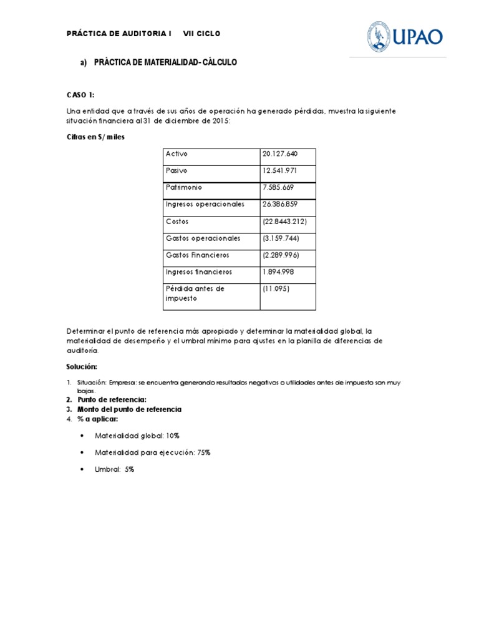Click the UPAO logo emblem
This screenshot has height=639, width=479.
(379, 37)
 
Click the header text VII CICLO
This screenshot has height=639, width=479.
(201, 34)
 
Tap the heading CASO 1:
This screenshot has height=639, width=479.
(80, 94)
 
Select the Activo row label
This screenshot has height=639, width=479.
(177, 154)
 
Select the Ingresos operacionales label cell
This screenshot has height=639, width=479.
(205, 205)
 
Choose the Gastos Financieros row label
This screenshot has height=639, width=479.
(197, 255)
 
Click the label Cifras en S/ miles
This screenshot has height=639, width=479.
(95, 137)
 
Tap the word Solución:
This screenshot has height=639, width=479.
(82, 366)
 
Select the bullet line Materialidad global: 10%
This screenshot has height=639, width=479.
(137, 436)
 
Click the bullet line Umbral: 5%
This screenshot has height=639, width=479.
(114, 469)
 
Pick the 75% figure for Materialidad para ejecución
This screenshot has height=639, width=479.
(204, 452)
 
